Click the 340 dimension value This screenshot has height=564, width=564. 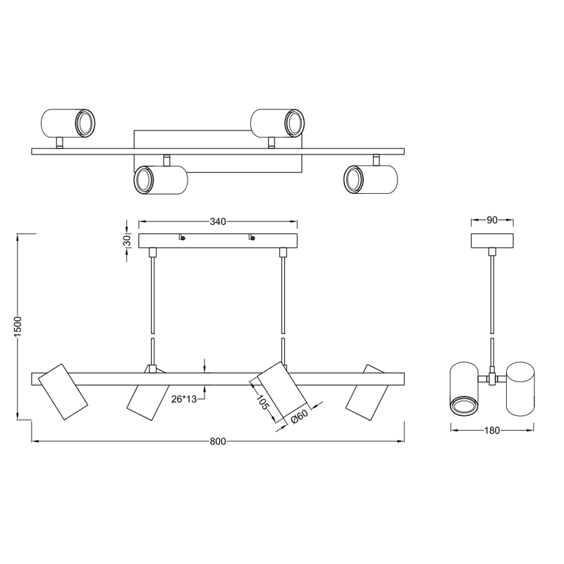coord(218,221)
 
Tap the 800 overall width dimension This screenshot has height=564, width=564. coord(218,441)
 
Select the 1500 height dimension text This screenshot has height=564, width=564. coord(18,326)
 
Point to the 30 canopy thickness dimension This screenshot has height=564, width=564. coord(128,240)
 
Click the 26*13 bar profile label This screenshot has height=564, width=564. coord(184,399)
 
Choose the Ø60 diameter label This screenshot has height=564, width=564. coord(299,417)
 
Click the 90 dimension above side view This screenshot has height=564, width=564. coord(492,220)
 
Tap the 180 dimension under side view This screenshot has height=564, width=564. coord(492,430)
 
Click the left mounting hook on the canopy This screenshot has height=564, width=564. coord(182,237)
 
